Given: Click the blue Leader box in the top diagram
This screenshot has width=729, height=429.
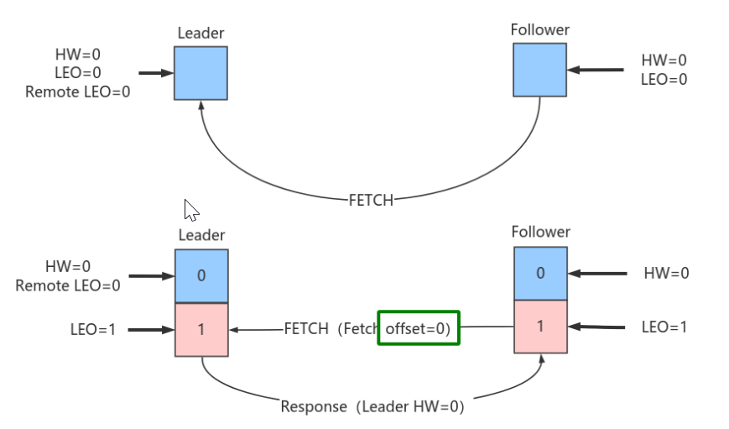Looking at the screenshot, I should coord(200,73).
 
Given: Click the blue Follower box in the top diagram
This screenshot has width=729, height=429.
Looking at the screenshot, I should coord(539,70).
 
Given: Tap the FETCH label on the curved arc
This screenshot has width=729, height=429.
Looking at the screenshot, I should coord(371,200).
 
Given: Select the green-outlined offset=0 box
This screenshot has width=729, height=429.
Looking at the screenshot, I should coord(418,329).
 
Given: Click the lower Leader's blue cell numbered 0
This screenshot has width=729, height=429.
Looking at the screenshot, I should coord(201,275).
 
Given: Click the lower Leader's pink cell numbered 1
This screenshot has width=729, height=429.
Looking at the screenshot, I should coord(201,329).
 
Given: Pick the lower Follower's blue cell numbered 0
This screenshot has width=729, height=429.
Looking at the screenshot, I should coord(540,273).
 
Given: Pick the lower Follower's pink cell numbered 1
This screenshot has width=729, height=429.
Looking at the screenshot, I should coord(540,326).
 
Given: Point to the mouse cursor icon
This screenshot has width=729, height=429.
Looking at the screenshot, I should coord(190,209).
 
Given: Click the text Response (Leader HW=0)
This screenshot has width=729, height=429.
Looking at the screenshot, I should coord(372,406).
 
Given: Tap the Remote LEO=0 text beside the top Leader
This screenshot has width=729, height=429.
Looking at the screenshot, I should coord(78,92).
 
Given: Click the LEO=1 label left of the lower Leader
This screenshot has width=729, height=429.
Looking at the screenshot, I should coord(94,330).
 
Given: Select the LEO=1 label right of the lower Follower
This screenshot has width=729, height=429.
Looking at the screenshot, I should coord(664,327).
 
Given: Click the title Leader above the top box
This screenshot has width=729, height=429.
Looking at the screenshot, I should coord(201,34).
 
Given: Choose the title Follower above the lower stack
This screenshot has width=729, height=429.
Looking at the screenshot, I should coord(540,232).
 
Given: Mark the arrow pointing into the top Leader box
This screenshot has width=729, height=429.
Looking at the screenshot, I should coord(155,73).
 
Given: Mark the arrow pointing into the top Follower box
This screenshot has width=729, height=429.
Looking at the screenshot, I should coord(596,70).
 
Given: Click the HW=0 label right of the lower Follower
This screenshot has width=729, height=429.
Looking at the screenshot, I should coord(665,273).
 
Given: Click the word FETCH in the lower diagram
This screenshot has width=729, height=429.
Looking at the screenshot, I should coord(305,329).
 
